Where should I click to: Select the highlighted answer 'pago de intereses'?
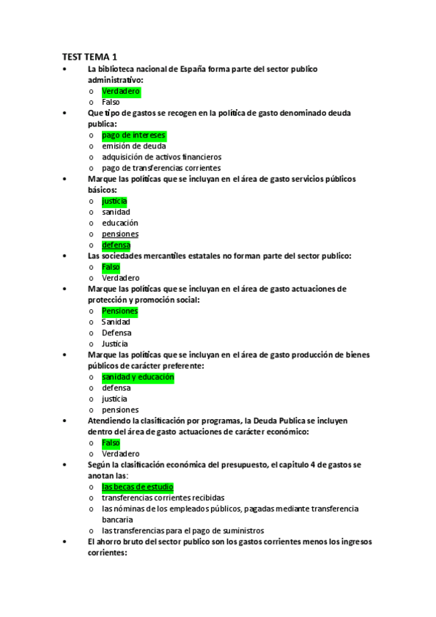(133, 135)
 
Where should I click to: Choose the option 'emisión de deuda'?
(134, 146)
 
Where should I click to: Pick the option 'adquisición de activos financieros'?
(161, 157)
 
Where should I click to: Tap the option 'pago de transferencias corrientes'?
(161, 168)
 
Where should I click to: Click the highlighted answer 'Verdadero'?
(121, 92)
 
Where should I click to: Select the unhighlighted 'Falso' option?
(111, 103)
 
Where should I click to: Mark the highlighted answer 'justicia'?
(114, 201)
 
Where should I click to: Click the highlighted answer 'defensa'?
(116, 245)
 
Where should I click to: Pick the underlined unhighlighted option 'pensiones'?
(120, 234)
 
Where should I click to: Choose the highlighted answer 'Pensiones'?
(119, 311)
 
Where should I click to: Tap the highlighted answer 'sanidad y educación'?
(138, 378)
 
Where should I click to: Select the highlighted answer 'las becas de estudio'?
(138, 487)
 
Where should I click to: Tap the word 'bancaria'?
(117, 520)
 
